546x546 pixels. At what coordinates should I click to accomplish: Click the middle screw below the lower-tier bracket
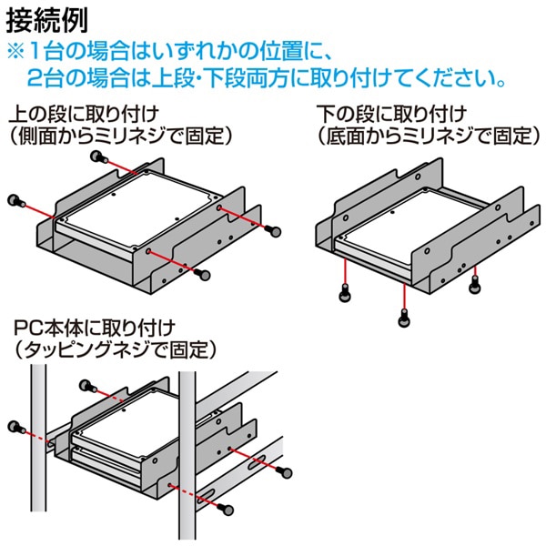pos(403,317)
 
